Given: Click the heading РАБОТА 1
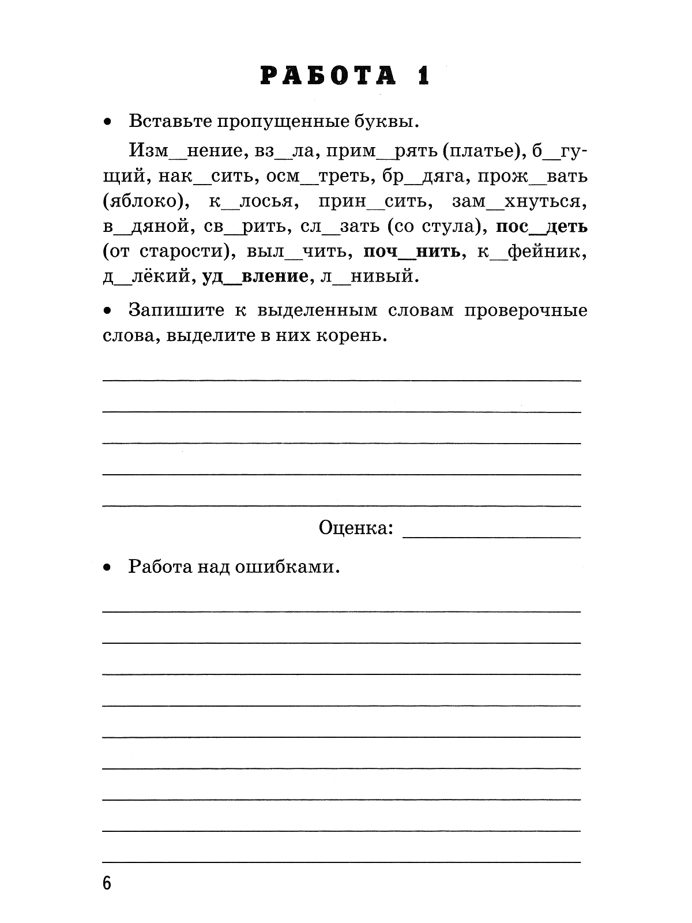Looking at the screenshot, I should click(345, 76).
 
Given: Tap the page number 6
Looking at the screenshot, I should click(107, 883).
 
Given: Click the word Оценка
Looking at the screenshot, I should click(355, 527).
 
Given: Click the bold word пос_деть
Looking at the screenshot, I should click(541, 227).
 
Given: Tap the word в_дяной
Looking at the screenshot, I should click(147, 227).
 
